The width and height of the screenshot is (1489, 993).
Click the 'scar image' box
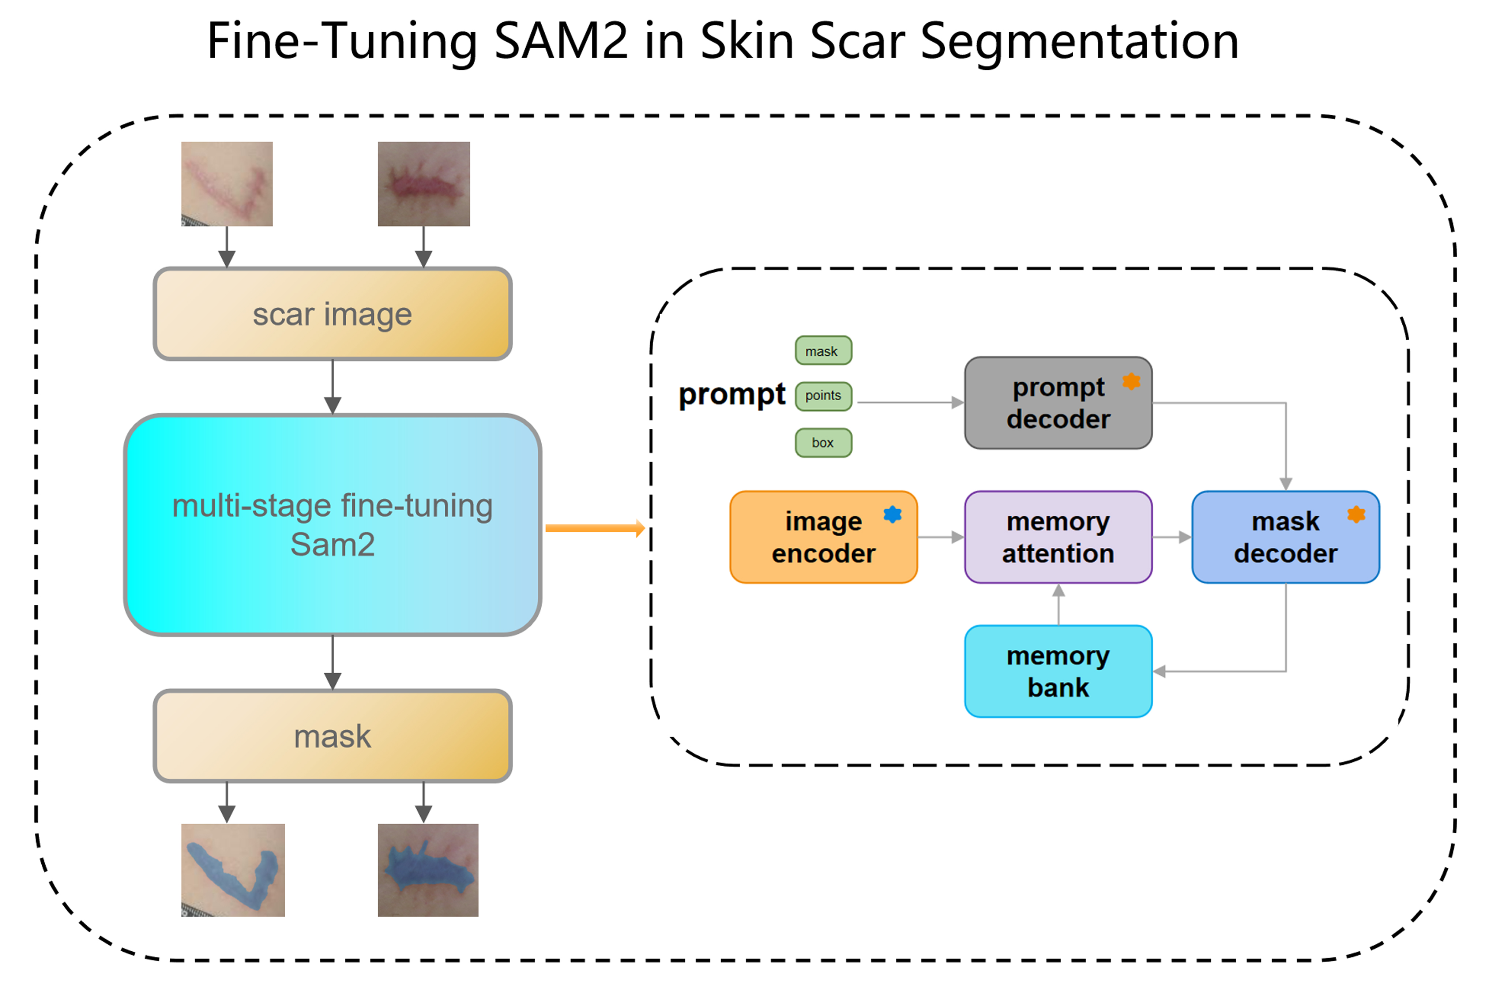(332, 314)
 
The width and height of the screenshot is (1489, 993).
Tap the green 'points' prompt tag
(823, 396)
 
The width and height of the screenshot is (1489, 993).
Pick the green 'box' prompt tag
(823, 443)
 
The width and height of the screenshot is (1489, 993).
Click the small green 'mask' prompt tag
(823, 351)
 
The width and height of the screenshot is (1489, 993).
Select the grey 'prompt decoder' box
(1058, 403)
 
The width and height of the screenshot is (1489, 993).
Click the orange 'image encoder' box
(823, 537)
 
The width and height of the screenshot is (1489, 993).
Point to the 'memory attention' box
(1058, 537)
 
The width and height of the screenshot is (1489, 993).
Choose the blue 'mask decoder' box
(1285, 537)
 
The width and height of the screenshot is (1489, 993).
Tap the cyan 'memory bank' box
(1058, 671)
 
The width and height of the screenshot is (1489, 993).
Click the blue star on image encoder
(893, 514)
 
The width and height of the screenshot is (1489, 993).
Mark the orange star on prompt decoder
(1131, 381)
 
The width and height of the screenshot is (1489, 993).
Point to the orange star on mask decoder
(1356, 514)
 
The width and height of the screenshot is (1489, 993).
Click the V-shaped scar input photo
(227, 184)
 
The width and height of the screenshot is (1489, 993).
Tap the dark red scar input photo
(424, 184)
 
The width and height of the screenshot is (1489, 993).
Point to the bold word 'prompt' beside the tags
(732, 395)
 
